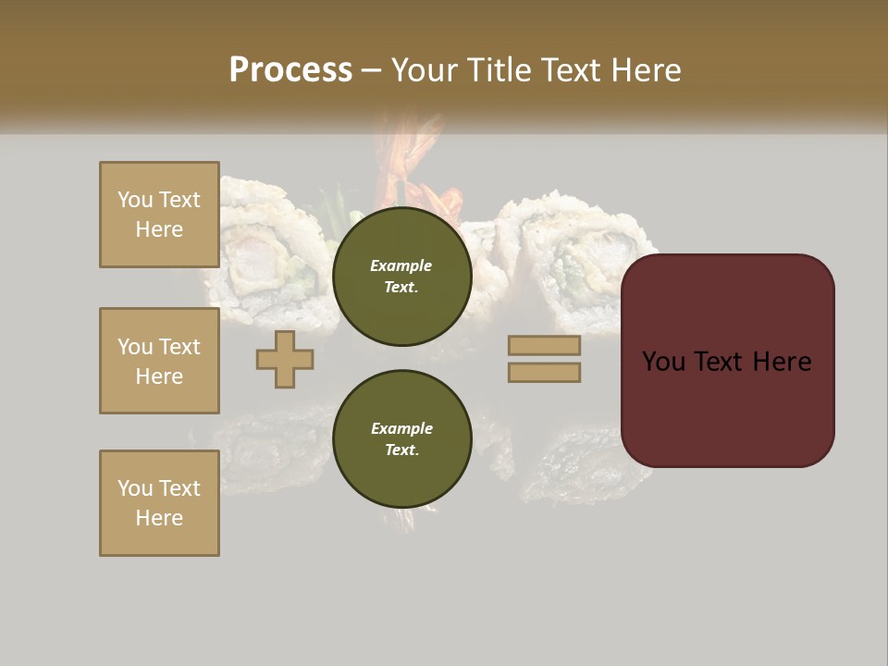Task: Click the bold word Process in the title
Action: coord(290,70)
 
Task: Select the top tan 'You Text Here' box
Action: coord(159,215)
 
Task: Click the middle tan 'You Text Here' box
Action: coord(159,361)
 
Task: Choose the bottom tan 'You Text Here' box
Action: coord(159,503)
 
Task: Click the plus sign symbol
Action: coord(285,359)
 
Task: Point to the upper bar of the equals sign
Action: coord(544,345)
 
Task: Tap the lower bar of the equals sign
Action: coord(544,373)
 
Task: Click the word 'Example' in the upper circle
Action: coord(401,265)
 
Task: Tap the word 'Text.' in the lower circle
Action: coord(401,450)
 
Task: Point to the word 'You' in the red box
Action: coord(663,362)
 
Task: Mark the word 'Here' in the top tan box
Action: coord(159,229)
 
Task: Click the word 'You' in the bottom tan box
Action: coord(135,488)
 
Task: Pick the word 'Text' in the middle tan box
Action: coord(179,347)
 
